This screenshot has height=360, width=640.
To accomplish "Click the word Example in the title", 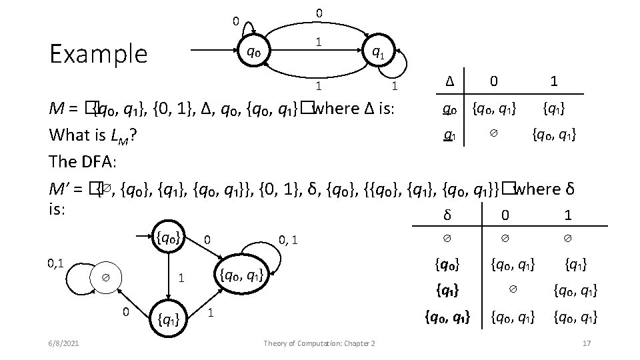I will tap(99, 53).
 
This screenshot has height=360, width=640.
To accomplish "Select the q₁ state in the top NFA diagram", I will tap(377, 51).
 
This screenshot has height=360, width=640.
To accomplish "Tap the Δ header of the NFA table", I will tap(450, 81).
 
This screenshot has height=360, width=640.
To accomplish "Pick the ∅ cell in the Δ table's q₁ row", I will tap(493, 135).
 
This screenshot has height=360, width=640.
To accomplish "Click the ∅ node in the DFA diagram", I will tap(105, 277).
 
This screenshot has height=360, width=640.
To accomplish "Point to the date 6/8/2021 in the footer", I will tap(65, 343).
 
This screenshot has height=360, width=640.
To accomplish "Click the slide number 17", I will tap(587, 343).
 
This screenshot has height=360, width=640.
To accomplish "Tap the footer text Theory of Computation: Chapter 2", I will tap(319, 343).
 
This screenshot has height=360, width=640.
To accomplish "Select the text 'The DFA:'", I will tap(82, 162).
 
